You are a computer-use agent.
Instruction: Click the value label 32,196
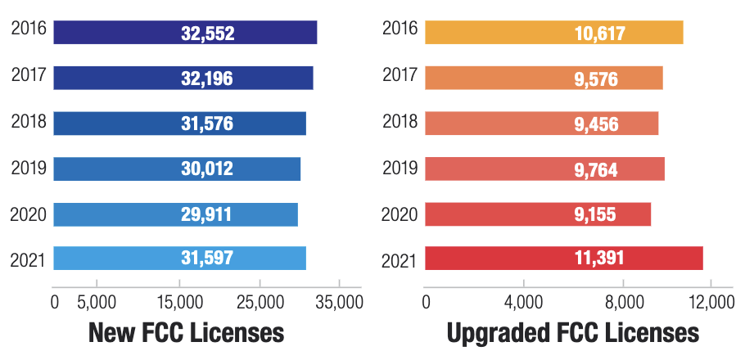207,79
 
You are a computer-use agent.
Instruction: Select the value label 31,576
207,124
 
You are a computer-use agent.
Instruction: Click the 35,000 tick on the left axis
338,303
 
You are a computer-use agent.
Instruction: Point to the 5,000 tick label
96,303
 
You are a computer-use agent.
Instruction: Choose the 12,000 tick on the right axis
709,303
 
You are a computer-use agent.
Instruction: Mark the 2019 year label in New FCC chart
29,169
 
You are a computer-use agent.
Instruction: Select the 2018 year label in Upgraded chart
400,123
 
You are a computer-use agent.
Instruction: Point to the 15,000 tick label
178,303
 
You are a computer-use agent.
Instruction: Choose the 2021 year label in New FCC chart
29,259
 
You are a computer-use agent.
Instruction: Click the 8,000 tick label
624,303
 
